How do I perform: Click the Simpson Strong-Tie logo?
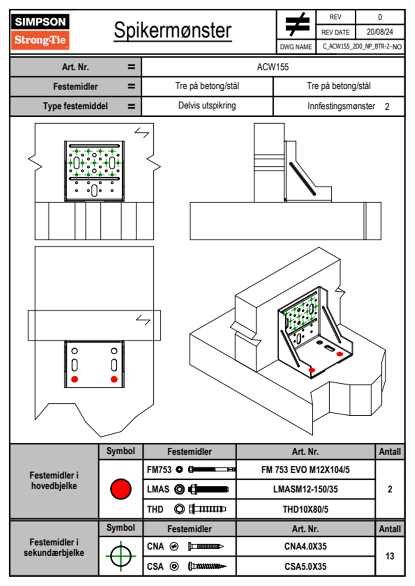(40, 32)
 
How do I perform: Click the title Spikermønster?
(173, 30)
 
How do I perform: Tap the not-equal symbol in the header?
(297, 24)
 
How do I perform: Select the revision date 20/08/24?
(379, 32)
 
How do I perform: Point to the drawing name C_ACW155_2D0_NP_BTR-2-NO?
(362, 47)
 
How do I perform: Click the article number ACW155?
(273, 67)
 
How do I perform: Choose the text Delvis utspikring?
(207, 106)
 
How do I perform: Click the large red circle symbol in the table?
(121, 489)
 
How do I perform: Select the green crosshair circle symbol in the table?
(121, 556)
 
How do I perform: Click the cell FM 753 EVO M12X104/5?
(305, 470)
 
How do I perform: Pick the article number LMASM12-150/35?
(305, 489)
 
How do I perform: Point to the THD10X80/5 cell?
(305, 509)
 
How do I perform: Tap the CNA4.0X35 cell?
(305, 546)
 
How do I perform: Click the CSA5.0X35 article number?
(305, 566)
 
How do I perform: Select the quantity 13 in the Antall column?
(390, 556)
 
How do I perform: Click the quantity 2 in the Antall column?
(390, 489)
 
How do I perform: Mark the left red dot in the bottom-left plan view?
(75, 379)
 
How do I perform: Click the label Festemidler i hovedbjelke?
(54, 480)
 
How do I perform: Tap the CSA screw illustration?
(207, 566)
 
